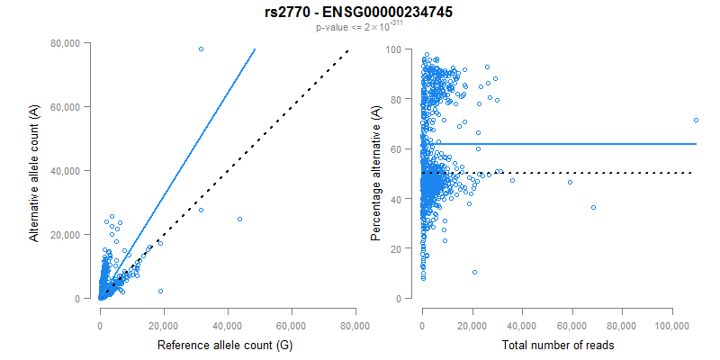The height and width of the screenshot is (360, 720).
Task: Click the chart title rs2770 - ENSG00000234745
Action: tap(360, 13)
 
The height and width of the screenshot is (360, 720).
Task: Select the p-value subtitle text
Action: tap(359, 27)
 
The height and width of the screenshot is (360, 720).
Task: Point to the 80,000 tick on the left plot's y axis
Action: tap(67, 43)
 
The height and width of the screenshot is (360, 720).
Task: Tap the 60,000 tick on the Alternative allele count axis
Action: tap(67, 107)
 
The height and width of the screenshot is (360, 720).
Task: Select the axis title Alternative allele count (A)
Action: tap(34, 171)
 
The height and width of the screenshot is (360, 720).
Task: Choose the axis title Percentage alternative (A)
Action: tap(377, 171)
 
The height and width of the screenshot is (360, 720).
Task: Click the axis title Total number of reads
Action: tap(558, 345)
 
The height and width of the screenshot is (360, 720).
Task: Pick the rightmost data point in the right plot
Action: tap(696, 120)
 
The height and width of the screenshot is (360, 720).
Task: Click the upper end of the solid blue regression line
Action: tap(256, 50)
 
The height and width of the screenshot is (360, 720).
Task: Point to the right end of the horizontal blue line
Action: tap(696, 144)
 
